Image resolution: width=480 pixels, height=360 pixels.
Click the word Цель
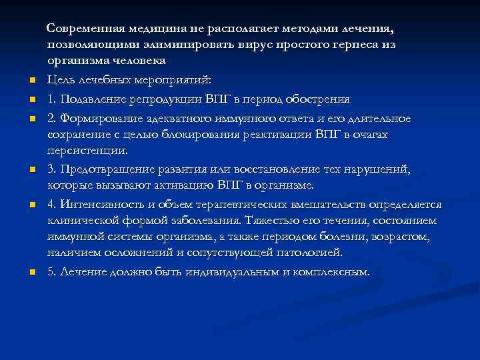(61, 80)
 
